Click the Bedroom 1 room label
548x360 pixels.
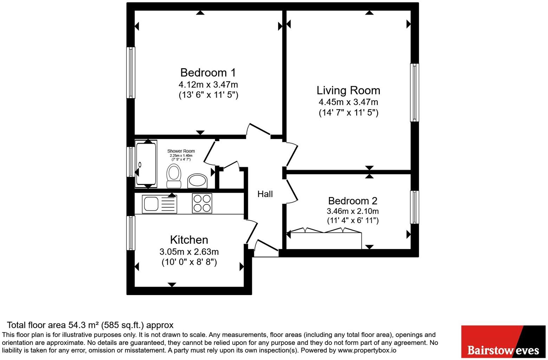[x=208, y=73]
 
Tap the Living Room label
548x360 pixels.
[x=348, y=91]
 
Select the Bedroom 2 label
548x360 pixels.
[x=353, y=201]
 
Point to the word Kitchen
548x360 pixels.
[x=189, y=240]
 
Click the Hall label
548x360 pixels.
[x=265, y=194]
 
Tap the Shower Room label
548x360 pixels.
[x=181, y=151]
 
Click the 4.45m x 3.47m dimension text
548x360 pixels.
[x=348, y=102]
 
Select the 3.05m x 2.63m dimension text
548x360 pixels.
[x=189, y=252]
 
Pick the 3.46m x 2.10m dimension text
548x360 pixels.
[x=353, y=211]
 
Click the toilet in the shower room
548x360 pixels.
[x=174, y=176]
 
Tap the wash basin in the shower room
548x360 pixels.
[x=197, y=181]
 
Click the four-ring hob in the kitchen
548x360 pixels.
[x=202, y=203]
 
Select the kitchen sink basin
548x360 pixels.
[x=151, y=204]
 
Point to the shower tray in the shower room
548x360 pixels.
[x=146, y=164]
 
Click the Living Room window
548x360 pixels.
[x=415, y=92]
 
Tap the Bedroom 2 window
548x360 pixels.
[x=415, y=207]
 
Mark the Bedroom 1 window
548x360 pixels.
[x=131, y=73]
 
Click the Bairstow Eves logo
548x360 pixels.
[x=503, y=342]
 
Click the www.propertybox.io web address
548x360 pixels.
[x=367, y=350]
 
